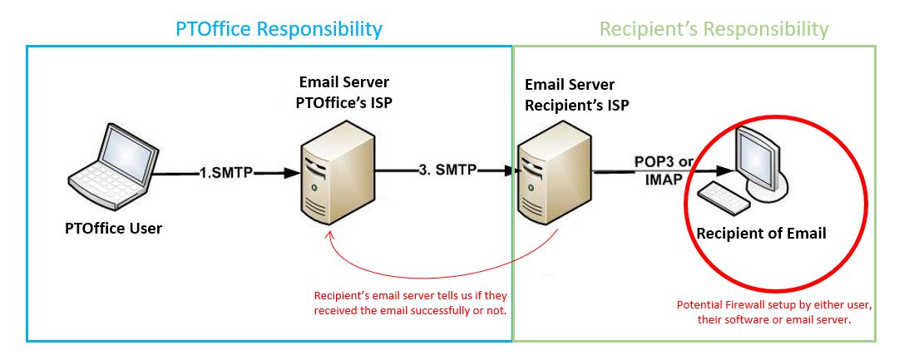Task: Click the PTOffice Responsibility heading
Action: coord(279,29)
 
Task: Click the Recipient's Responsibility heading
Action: coord(714,29)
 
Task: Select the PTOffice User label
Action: coord(113,228)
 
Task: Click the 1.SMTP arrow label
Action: coord(227,173)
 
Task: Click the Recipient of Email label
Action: coord(761,234)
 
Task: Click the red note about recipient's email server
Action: coord(411,303)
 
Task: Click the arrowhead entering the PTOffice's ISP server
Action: coord(290,173)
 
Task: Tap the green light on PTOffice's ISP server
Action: coord(313,189)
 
